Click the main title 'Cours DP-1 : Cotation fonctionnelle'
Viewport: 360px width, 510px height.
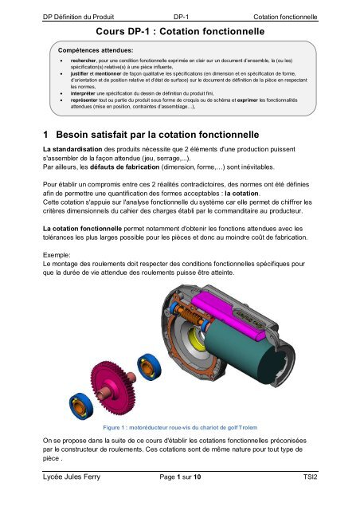tap(179, 32)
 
